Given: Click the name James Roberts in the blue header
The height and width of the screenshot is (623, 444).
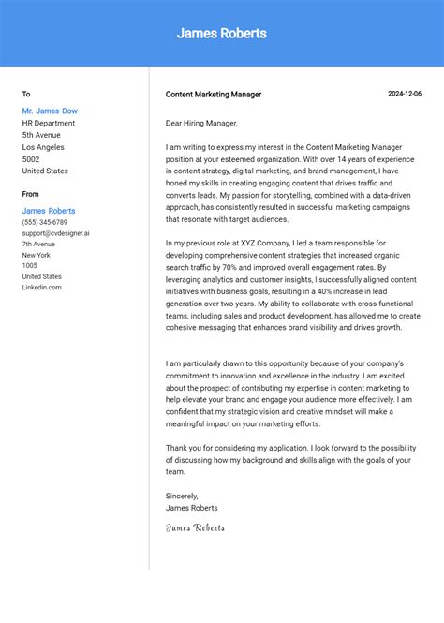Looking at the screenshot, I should [221, 34].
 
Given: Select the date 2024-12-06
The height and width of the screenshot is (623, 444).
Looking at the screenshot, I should [405, 94].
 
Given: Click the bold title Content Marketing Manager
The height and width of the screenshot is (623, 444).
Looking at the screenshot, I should [214, 95].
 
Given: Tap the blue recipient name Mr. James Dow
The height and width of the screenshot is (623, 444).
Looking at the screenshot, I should [50, 111].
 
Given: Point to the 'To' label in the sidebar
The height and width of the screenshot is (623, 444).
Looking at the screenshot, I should [26, 94].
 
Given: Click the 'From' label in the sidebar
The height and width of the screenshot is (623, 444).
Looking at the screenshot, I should [31, 194].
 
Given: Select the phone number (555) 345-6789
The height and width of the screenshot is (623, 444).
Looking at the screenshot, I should [45, 222].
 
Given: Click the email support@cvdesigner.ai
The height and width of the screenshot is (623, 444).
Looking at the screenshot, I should [56, 233].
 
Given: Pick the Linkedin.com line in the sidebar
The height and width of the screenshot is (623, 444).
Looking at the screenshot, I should [42, 287].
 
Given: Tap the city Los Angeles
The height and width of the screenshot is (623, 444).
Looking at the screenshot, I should [43, 147].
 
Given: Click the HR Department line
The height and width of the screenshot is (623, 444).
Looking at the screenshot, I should [49, 123].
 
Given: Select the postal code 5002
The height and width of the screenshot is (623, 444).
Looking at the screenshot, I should [32, 159].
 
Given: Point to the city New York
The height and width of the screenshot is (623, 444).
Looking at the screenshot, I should [37, 255].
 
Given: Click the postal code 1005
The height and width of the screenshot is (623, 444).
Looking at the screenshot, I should [30, 265].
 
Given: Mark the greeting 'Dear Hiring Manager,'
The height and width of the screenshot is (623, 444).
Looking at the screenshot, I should [201, 123].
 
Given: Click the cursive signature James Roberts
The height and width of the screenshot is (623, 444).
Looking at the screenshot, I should [195, 527].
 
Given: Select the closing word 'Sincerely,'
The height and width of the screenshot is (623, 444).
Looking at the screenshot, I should [182, 496].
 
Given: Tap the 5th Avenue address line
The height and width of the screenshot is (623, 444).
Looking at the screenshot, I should [41, 135].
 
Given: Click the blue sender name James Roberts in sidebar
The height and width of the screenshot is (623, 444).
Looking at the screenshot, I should [49, 211].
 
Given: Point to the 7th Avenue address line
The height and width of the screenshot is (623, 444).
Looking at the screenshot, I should [38, 244].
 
